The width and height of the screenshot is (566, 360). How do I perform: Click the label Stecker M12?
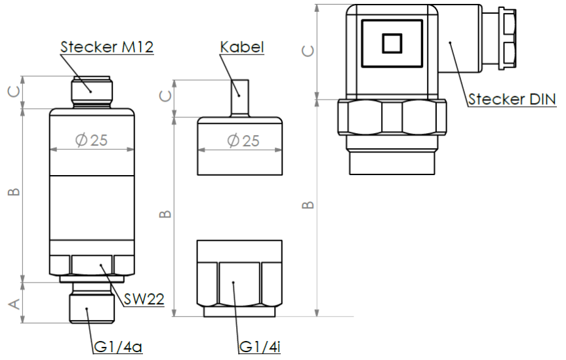point(107,47)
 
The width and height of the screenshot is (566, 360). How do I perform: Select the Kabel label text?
point(241,47)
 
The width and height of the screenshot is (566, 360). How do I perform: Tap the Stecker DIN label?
point(512,99)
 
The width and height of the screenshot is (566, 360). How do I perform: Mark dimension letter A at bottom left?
point(12,303)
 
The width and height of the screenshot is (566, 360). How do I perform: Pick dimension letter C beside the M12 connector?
point(12,92)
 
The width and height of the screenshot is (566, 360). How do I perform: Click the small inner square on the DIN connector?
point(392,43)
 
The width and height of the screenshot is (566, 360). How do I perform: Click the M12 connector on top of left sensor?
point(91,92)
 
